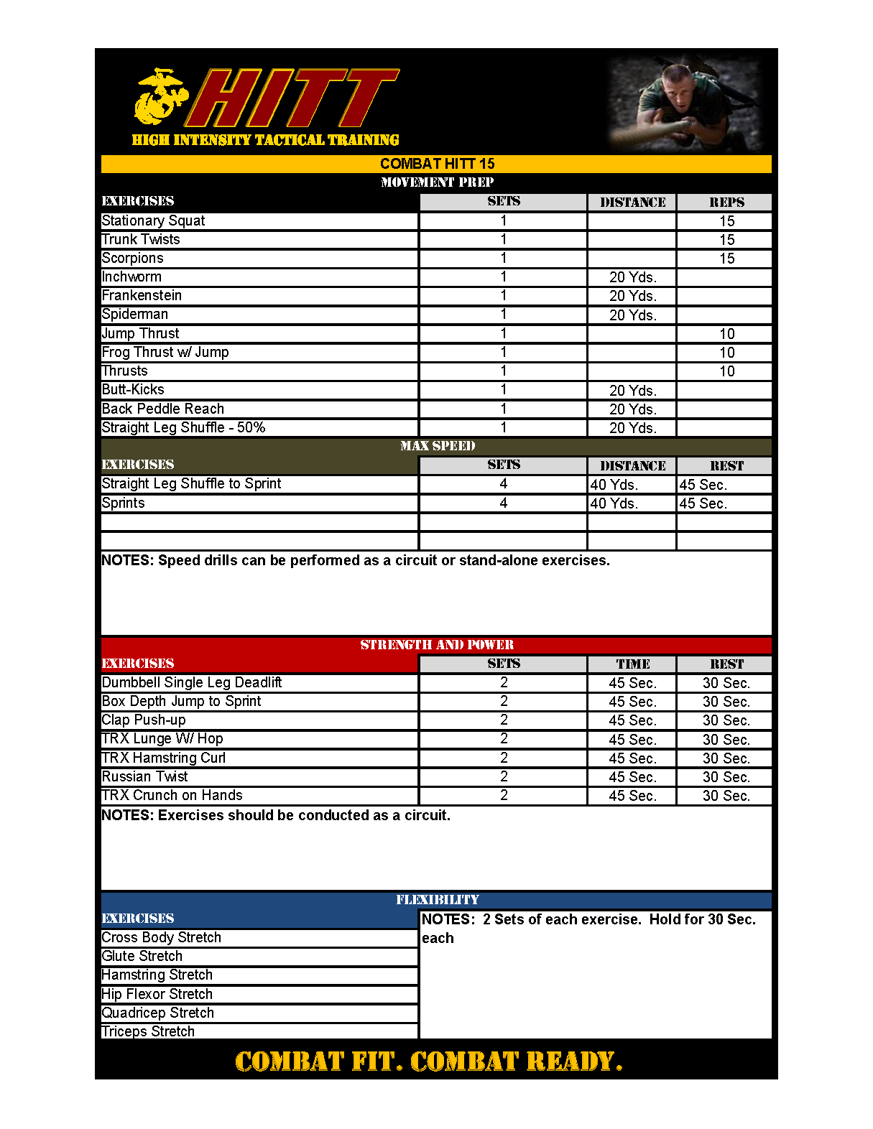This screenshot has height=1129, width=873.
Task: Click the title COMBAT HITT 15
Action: point(437,164)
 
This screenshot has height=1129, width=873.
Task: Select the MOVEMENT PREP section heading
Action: point(437,182)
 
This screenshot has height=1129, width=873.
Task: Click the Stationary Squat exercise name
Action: point(153,220)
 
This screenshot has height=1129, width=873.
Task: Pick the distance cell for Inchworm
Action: point(632,277)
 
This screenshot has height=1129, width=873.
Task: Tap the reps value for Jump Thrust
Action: point(726,334)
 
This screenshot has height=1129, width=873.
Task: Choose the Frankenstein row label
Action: point(142,295)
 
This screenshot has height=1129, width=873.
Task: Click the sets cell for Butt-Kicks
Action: point(503,390)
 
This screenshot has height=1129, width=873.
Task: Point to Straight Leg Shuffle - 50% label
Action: point(183,427)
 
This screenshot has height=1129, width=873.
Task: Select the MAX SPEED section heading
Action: point(437,446)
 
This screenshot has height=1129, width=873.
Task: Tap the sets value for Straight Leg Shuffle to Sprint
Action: point(503,484)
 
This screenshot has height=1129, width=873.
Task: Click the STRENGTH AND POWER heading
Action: point(437,645)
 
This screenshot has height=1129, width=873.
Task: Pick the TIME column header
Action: point(632,664)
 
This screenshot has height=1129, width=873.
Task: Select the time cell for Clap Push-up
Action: point(632,720)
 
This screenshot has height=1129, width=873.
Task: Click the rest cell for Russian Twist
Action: point(726,777)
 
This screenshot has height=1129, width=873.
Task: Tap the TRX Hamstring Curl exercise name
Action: point(164,758)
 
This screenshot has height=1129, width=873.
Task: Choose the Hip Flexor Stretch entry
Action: point(157,994)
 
